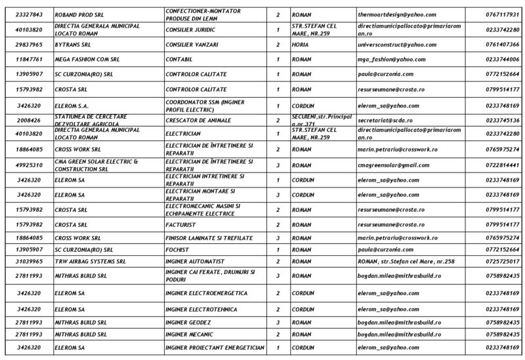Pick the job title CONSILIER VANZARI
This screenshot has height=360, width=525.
pos(191,44)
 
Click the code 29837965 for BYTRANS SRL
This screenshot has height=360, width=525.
pos(30,44)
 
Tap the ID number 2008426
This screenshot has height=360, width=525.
pos(30,120)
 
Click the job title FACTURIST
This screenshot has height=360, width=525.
pos(181,224)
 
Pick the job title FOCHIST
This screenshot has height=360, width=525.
pos(178,250)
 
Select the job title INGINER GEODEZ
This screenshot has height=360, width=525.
pos(188,323)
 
